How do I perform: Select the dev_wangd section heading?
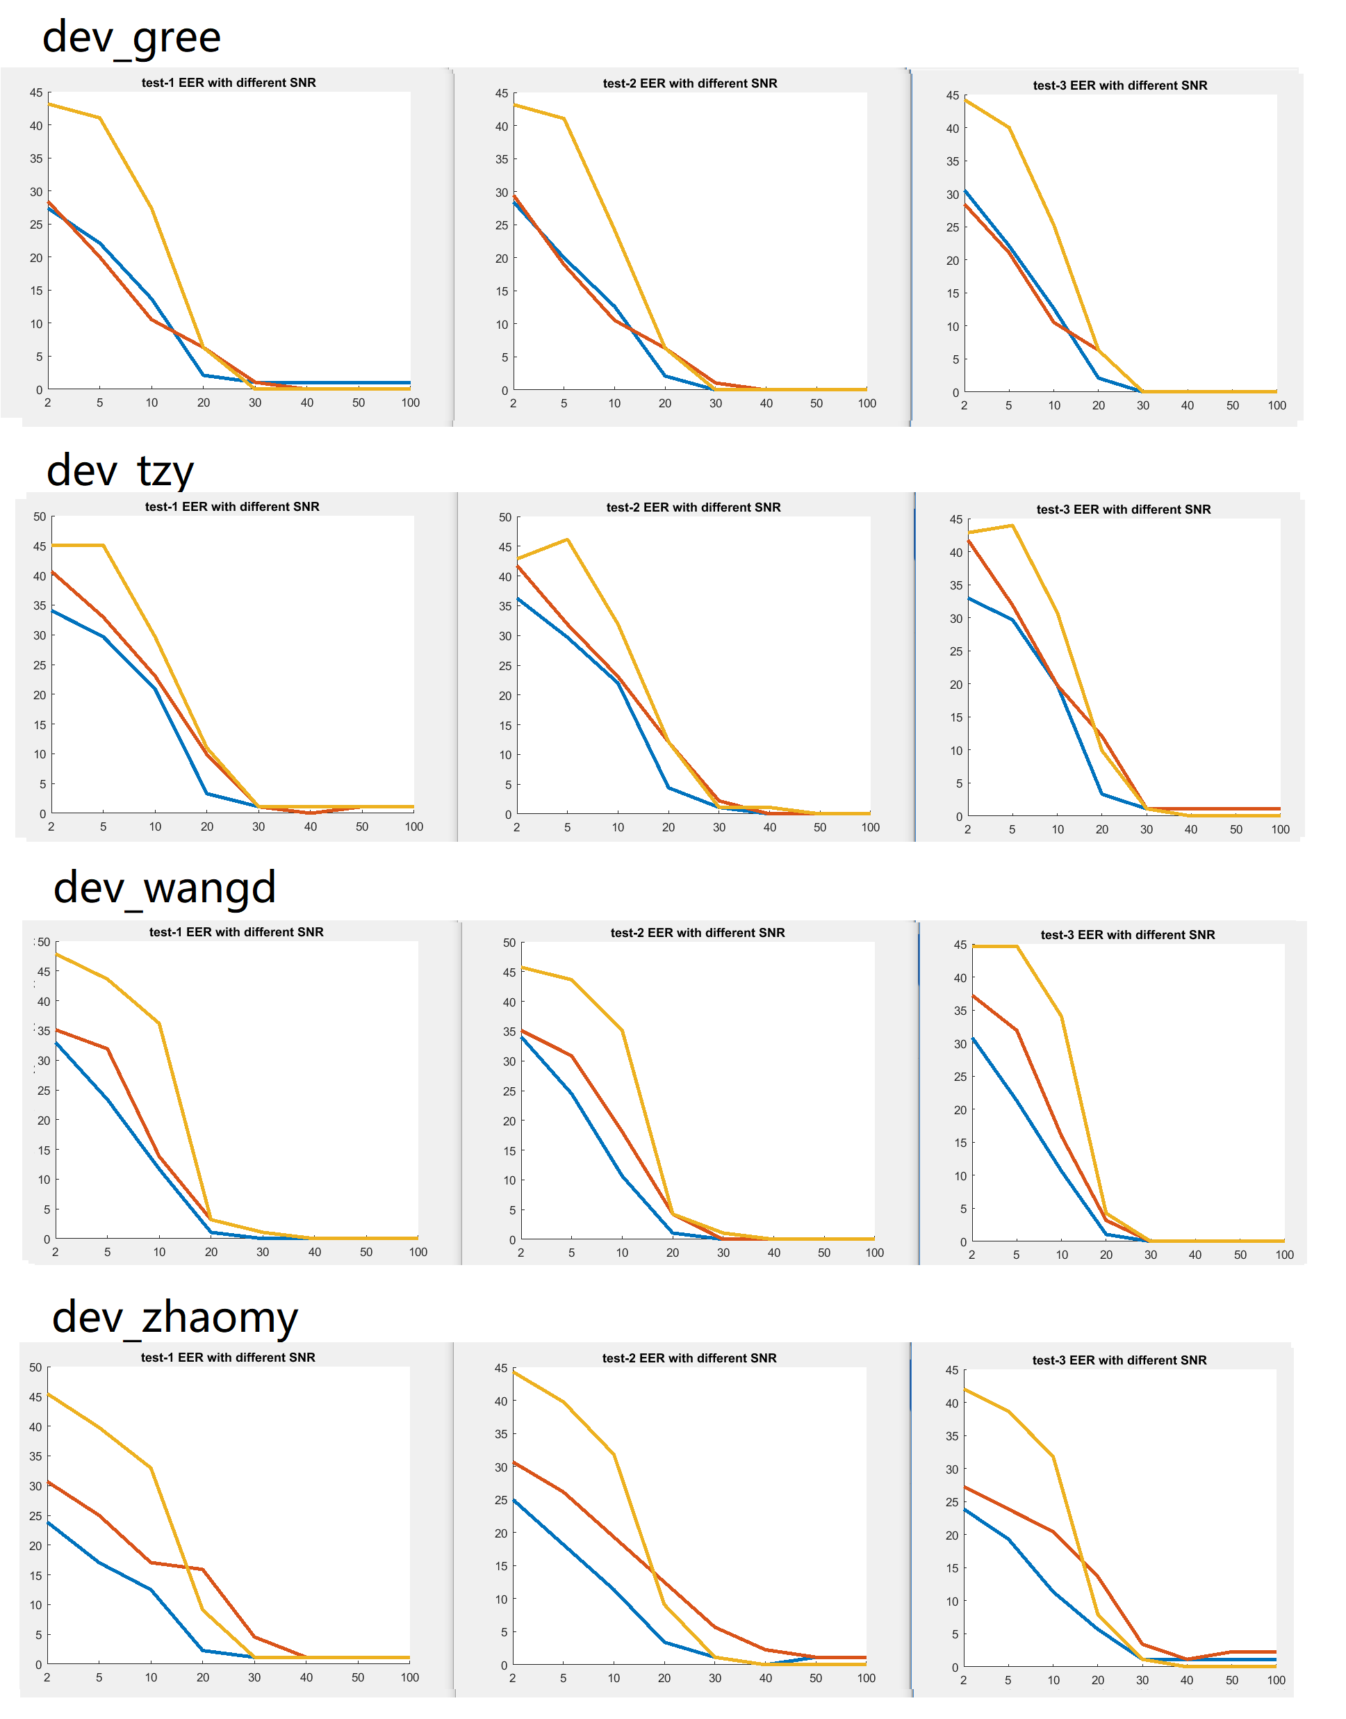coord(165,888)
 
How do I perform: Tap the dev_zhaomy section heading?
coord(175,1318)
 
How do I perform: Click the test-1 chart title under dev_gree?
coord(229,83)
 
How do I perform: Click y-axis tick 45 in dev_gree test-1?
coord(36,93)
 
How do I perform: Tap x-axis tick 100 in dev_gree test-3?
coord(1277,406)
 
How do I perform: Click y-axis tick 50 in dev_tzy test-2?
coord(505,518)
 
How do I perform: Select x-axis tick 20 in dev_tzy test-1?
coord(207,826)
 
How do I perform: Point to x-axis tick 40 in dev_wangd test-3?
coord(1195,1255)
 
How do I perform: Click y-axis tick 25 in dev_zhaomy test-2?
coord(501,1500)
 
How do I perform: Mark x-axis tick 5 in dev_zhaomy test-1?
coord(99,1677)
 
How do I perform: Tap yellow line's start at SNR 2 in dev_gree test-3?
coord(965,101)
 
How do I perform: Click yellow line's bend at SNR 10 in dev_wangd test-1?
coord(159,1024)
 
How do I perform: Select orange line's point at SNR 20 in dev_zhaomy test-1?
coord(202,1570)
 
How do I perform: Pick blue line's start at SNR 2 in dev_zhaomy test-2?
coord(514,1500)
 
